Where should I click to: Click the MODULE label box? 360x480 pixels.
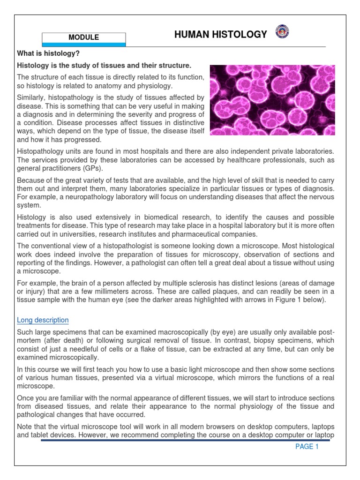(84, 37)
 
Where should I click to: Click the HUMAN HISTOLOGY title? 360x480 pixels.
(220, 34)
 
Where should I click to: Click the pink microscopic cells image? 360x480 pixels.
(272, 100)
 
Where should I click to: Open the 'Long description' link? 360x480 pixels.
(43, 320)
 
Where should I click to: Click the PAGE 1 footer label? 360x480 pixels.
(307, 447)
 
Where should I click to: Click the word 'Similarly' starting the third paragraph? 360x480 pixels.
(31, 97)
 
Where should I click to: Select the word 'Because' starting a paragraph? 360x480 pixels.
(30, 180)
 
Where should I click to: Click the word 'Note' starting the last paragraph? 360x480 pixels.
(24, 426)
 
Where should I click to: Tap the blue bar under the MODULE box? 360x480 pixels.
(84, 44)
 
